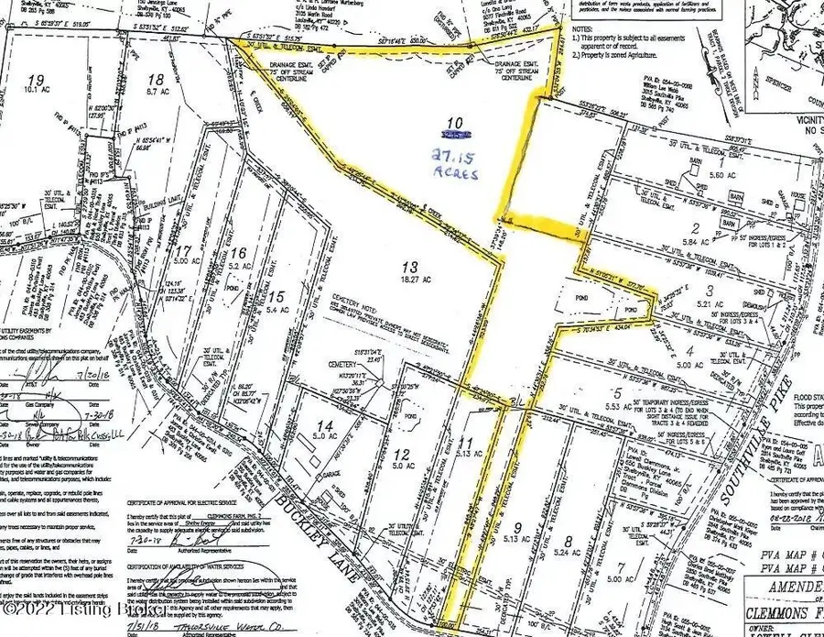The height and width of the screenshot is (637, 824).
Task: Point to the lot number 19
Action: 36,79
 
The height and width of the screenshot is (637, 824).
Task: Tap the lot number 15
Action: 278,295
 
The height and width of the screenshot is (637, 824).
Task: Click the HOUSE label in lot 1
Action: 797,194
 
